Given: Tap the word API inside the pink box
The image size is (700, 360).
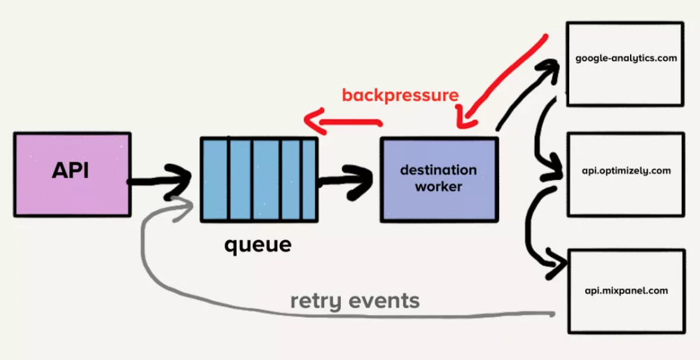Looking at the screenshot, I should [x=70, y=171].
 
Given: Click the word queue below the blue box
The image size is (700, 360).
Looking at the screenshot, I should [x=257, y=245].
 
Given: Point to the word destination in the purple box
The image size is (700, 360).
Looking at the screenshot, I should [x=438, y=170].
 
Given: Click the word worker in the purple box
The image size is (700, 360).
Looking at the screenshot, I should [x=438, y=187].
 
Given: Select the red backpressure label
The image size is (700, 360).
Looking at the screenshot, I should [x=400, y=95].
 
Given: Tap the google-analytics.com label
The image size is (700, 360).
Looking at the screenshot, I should [x=626, y=58].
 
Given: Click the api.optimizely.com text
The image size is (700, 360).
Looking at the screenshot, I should [x=626, y=170].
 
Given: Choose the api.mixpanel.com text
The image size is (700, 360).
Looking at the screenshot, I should [x=626, y=290].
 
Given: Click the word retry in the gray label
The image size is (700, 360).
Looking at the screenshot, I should [x=313, y=302].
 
